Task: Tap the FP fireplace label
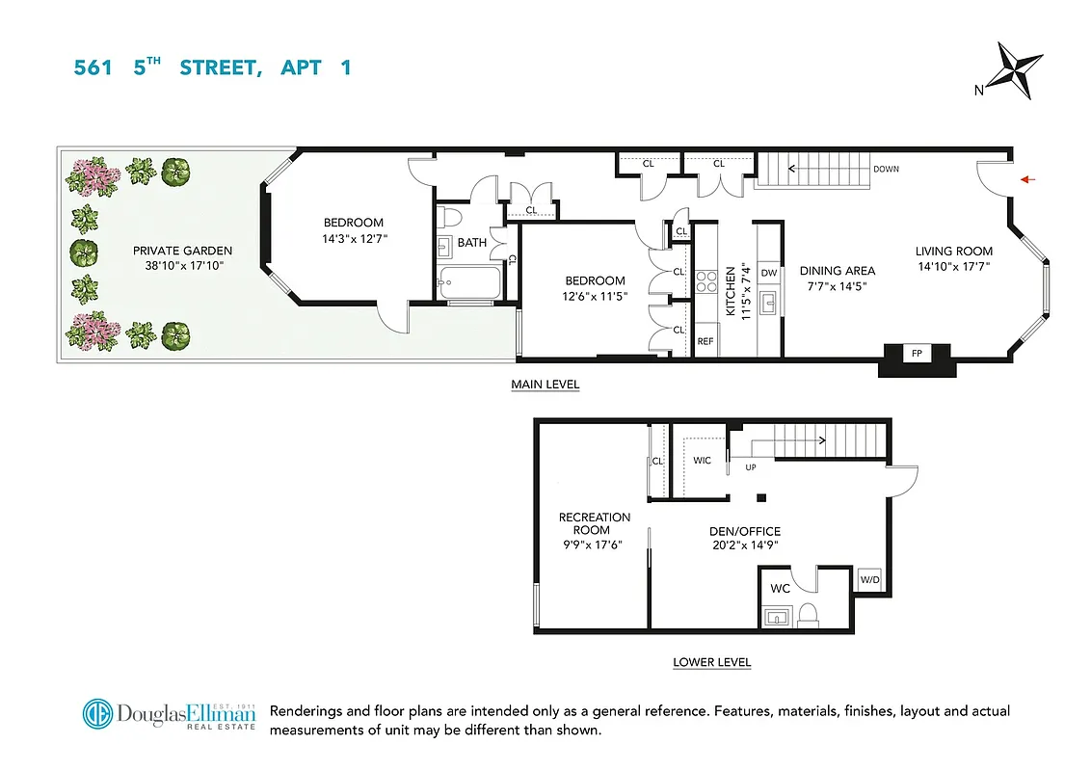point(917,354)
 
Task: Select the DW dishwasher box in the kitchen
point(769,273)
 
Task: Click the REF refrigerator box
point(705,341)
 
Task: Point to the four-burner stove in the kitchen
point(705,281)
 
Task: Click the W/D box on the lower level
point(869,580)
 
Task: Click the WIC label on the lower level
point(702,461)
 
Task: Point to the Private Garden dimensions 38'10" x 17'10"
point(183,265)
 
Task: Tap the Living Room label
point(953,252)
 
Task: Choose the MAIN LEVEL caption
point(545,385)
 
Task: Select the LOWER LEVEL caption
point(711,662)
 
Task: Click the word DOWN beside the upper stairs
point(886,169)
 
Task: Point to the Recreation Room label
point(595,523)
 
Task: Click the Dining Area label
point(837,271)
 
